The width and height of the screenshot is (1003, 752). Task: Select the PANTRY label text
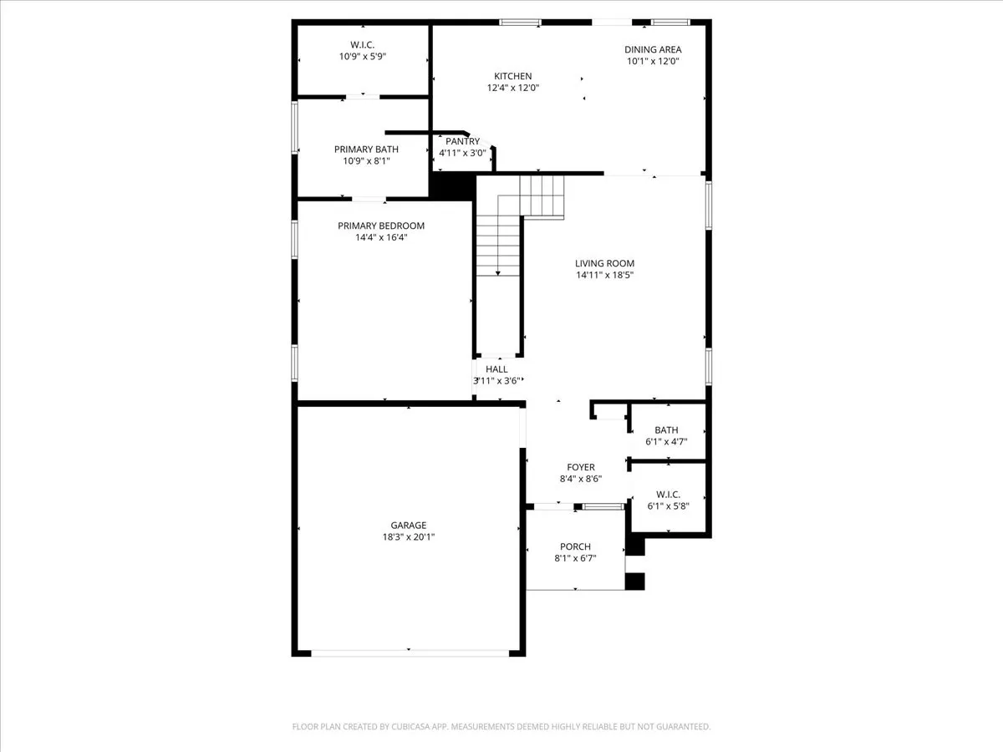462,141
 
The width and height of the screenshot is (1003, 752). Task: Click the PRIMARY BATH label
366,149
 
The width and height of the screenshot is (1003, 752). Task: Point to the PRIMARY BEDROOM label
380,226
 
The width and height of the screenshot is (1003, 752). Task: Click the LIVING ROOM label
604,263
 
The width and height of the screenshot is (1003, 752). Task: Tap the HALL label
496,368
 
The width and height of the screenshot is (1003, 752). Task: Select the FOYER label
580,467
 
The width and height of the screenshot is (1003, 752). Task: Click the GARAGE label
408,526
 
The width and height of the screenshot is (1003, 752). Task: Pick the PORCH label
575,546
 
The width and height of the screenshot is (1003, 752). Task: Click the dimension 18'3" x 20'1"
408,537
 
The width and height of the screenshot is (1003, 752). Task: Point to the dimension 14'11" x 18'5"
604,275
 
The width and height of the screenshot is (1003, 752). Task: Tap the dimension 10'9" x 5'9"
362,57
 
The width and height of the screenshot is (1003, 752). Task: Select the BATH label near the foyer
666,430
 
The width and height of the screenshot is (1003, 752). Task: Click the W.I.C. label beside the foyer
666,493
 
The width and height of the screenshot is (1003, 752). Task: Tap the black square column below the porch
635,582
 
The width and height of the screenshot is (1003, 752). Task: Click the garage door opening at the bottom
408,652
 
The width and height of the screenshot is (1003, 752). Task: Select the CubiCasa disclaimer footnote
501,727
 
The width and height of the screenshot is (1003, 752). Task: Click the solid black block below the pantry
452,185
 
